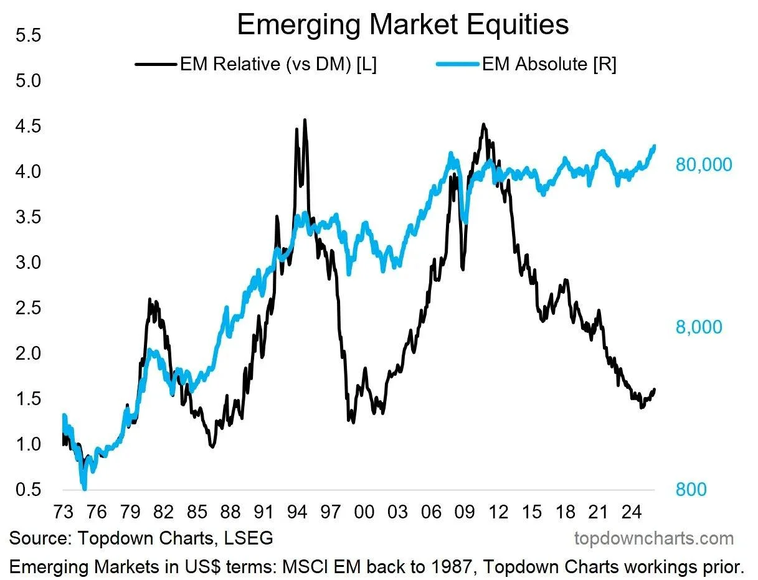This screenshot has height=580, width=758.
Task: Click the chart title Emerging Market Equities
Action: click(402, 25)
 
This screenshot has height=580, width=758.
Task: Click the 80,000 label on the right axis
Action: click(704, 165)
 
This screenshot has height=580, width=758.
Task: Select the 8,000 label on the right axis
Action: click(699, 327)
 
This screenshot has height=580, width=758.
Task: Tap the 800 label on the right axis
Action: click(691, 490)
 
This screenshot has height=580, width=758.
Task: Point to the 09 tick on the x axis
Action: click(464, 512)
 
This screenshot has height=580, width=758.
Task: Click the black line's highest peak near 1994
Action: click(305, 119)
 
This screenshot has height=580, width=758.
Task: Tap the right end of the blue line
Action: click(654, 146)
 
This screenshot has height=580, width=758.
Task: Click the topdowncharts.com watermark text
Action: click(653, 538)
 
